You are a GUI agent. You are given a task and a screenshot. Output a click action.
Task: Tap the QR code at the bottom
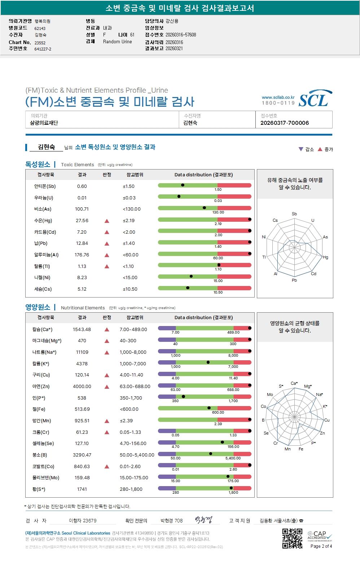292,538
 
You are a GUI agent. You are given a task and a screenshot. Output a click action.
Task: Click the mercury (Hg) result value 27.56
82,221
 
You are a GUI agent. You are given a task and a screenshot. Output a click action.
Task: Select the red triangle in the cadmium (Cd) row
107,232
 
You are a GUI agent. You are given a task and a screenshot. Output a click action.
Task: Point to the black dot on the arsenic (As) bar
204,208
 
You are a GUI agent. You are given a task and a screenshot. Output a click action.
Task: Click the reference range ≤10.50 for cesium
130,289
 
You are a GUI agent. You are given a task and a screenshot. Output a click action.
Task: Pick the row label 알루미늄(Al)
46,255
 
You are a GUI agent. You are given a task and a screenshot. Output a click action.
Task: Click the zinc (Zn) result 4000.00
82,387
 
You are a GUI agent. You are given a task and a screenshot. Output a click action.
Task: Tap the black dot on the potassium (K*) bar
208,362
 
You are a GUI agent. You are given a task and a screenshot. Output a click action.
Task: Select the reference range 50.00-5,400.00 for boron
137,455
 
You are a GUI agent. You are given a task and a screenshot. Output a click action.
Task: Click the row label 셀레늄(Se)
43,444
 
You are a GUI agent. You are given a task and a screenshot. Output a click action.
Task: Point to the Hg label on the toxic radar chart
325,257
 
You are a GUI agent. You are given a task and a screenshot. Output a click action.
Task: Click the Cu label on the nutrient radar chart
327,420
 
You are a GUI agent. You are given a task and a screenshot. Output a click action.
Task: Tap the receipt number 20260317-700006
284,123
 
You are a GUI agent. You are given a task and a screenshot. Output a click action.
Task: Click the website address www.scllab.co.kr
278,97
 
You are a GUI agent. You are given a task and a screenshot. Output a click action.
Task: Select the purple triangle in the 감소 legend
301,149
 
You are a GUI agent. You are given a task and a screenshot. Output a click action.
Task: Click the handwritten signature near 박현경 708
203,520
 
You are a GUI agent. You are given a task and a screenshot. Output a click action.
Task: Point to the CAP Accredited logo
320,535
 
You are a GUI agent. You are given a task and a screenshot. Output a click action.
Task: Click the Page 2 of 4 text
321,546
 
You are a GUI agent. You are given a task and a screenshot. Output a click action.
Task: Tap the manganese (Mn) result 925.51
82,421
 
